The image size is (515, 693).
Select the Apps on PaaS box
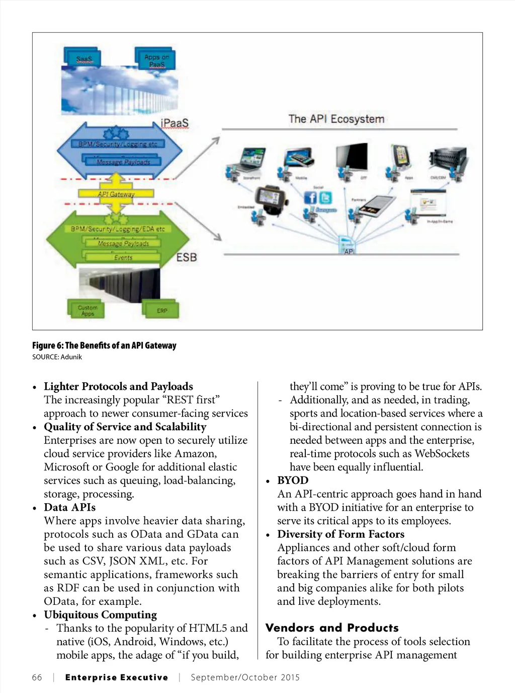point(156,60)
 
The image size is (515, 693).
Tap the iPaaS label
point(175,123)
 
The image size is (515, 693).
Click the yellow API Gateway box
point(116,194)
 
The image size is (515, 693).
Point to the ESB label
point(186,257)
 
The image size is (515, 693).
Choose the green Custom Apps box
point(87,310)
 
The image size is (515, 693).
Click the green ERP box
point(161,310)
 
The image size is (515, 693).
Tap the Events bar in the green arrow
point(123,257)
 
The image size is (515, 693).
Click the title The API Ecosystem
point(336,119)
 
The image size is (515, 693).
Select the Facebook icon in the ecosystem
point(310,197)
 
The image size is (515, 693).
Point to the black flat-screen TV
point(352,157)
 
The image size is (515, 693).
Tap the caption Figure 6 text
point(104,345)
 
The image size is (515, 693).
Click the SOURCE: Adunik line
point(57,357)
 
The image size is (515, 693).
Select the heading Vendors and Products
point(332,628)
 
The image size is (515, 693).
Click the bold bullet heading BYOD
point(293,480)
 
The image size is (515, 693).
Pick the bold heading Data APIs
point(69,507)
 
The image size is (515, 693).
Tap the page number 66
point(37,677)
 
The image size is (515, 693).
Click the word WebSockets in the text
point(442,453)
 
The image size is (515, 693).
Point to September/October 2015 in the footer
point(245,677)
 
